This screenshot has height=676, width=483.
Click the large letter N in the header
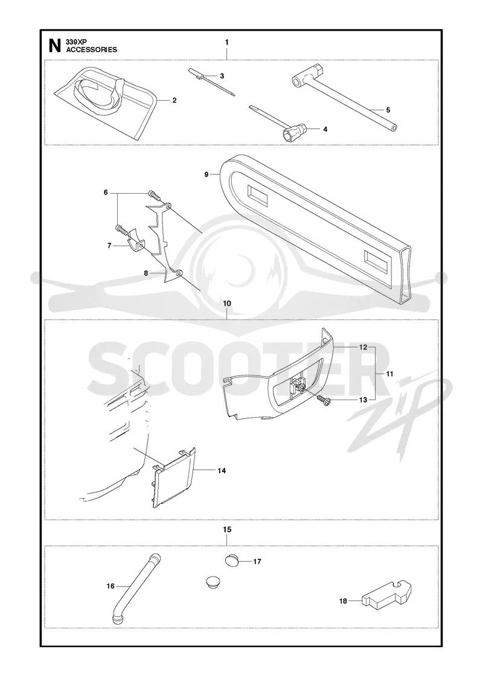click(54, 46)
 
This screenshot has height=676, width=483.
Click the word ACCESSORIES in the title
click(91, 49)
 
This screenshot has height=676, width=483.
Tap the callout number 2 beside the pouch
click(174, 100)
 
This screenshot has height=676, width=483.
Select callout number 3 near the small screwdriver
click(222, 76)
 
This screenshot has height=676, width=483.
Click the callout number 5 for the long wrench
click(388, 110)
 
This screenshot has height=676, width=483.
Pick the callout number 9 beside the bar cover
click(206, 174)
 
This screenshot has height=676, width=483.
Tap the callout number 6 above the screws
click(106, 193)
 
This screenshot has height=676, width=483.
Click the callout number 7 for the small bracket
click(109, 245)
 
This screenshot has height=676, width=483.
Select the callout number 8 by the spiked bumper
click(146, 273)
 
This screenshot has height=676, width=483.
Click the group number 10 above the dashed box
click(227, 304)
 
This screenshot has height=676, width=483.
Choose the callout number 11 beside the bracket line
click(389, 374)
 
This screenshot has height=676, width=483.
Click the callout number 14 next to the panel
click(222, 471)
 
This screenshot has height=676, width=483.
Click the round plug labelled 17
click(232, 561)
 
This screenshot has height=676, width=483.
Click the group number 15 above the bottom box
click(227, 529)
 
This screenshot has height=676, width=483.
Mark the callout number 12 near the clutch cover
click(363, 347)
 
